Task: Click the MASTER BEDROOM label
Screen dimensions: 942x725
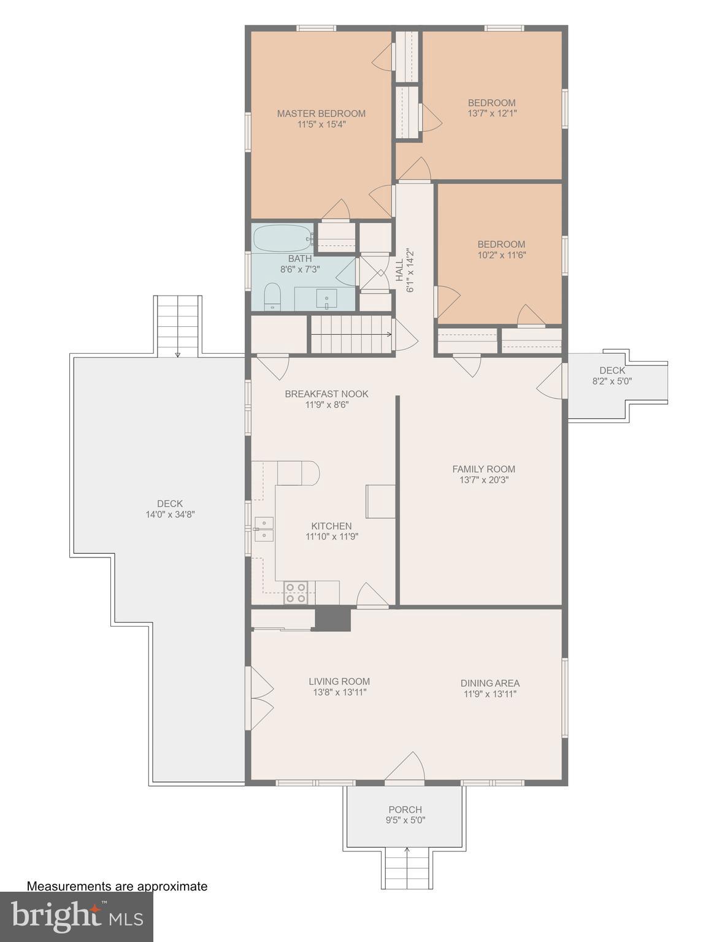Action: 321,113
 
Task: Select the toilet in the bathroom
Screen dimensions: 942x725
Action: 272,296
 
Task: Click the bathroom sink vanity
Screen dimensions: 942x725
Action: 325,299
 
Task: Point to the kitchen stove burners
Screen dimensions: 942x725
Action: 296,592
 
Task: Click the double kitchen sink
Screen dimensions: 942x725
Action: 264,529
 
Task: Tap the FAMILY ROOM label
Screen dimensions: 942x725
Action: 483,469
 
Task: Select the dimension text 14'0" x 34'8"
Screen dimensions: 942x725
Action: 169,515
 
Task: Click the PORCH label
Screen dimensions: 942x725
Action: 405,810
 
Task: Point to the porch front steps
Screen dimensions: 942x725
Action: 407,868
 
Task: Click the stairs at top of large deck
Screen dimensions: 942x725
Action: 178,325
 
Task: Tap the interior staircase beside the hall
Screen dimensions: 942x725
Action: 351,334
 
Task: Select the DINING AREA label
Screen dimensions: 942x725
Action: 489,683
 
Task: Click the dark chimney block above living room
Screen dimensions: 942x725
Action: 332,618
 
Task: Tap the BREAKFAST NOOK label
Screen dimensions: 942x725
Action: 326,394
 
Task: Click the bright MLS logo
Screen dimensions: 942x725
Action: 76,916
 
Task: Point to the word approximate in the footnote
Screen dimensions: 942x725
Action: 172,886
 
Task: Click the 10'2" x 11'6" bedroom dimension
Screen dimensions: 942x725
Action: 501,255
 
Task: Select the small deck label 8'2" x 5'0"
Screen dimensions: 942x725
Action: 612,381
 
